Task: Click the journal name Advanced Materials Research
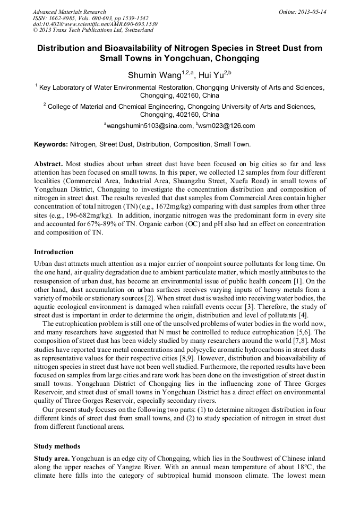69,12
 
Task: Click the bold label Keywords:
51,144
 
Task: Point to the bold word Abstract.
48,164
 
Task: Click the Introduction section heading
54,252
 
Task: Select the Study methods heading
57,446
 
